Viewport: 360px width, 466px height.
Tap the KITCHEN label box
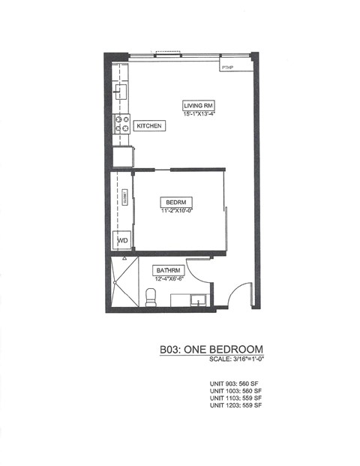pyautogui.click(x=149, y=126)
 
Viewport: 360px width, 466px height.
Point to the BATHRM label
pyautogui.click(x=166, y=269)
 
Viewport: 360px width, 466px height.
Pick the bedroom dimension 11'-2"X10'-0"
pyautogui.click(x=177, y=211)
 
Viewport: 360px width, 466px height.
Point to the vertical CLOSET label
pyautogui.click(x=125, y=197)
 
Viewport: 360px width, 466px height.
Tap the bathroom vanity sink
pyautogui.click(x=196, y=302)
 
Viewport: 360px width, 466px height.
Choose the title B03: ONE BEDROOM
pyautogui.click(x=211, y=350)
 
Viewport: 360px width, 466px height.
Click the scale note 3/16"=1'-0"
pyautogui.click(x=238, y=360)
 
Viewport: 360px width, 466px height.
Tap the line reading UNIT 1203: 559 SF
pyautogui.click(x=235, y=405)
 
